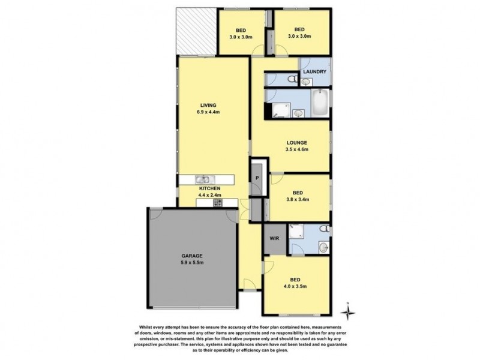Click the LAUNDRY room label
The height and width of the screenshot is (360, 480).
[314, 72]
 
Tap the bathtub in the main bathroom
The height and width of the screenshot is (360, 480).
[320, 102]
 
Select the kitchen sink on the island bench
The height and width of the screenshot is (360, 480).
[203, 179]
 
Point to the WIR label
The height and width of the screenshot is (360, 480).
[274, 239]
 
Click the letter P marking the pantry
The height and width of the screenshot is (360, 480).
[257, 178]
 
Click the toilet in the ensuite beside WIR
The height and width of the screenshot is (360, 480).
[323, 229]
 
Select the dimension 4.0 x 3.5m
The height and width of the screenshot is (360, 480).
[295, 287]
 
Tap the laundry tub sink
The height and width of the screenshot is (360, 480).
[306, 82]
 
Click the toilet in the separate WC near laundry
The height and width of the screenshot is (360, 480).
[290, 79]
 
